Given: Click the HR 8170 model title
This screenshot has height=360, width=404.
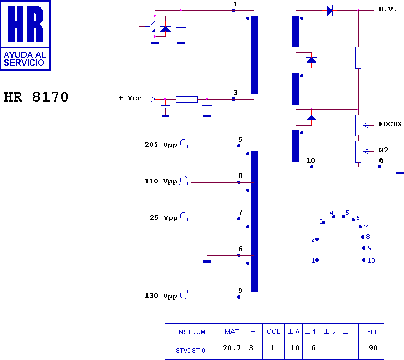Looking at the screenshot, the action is [36, 97].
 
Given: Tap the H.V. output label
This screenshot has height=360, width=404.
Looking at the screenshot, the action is [387, 9].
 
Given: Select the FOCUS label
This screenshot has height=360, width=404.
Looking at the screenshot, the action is [390, 124].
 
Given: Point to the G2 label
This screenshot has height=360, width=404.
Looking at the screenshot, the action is [383, 150].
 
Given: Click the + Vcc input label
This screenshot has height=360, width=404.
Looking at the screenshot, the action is [130, 98].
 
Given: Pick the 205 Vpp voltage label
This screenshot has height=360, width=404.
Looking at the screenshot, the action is [161, 145].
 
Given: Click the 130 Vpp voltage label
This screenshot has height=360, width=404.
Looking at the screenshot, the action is [161, 296].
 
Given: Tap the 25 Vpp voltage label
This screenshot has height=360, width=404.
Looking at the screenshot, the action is [164, 218].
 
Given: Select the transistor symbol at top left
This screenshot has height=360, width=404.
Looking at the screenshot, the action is [151, 26].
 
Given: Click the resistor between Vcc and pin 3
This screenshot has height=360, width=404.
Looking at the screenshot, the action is [187, 100].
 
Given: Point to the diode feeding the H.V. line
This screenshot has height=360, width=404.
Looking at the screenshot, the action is [329, 11].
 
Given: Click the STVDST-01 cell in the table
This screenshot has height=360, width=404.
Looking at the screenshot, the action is [192, 351].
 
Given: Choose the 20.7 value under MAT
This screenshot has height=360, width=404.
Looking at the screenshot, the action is [232, 348].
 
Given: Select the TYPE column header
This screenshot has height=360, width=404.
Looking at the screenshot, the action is [371, 332].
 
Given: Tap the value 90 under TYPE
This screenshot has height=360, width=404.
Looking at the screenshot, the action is [373, 348].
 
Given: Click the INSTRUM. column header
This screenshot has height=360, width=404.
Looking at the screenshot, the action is [192, 332].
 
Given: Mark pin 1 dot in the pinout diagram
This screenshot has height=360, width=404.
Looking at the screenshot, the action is [317, 260].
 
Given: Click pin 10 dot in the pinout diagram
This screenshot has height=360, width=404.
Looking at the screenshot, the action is [364, 260].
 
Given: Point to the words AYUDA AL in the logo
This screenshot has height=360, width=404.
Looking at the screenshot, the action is [25, 55].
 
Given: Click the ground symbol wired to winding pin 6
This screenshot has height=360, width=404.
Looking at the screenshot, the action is [207, 262].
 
